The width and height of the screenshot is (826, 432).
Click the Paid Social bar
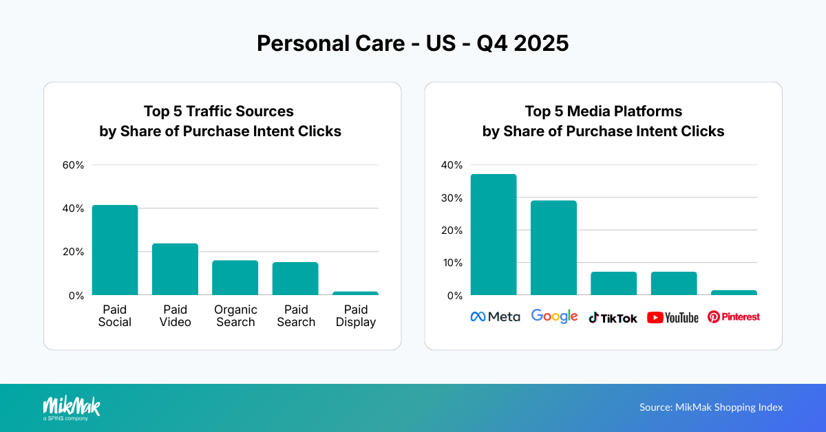coord(115,250)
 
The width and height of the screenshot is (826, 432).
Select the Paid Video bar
coord(175,269)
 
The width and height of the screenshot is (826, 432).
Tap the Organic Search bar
coord(235,278)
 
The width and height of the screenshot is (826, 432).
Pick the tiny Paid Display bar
coord(355,293)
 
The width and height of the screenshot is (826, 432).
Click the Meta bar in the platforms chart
coord(494,235)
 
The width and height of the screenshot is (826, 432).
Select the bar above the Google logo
coord(553,248)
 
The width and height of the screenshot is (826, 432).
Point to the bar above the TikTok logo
coord(613,283)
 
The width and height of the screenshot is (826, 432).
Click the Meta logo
coord(495,317)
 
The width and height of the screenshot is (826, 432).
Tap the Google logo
coord(554,316)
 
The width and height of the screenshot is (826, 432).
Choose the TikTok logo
coord(613,318)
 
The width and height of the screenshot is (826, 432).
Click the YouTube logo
coord(673,318)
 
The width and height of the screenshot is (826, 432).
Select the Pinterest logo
coord(734,317)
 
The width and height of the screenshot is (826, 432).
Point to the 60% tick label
coord(73,165)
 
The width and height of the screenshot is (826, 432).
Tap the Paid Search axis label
coord(296,316)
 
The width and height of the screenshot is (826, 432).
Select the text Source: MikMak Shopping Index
coord(711,407)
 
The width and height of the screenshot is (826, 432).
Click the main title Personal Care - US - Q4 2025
coord(413,43)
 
